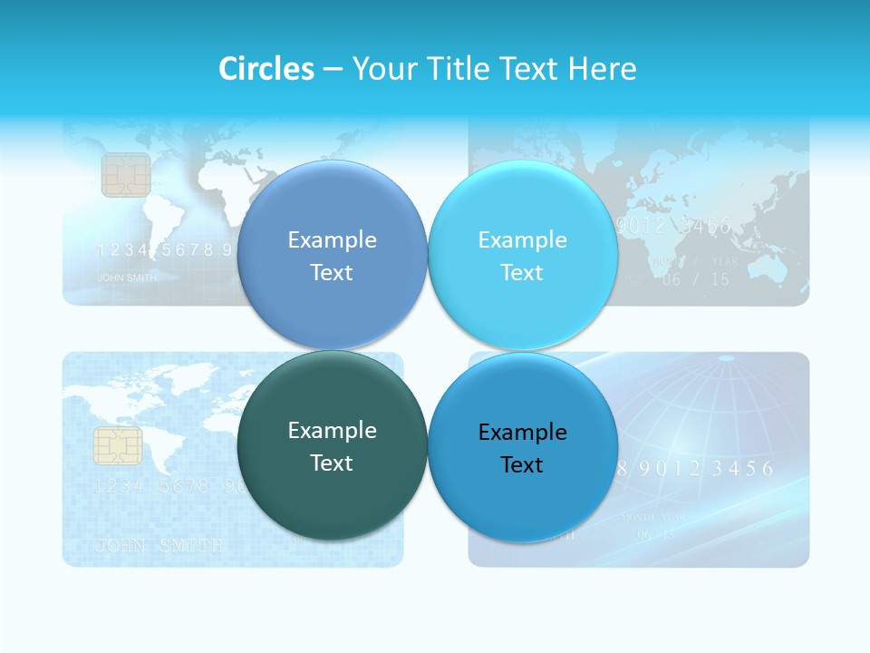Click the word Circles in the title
point(266,69)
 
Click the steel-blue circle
point(332,256)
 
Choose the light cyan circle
point(523,256)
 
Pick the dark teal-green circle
point(332,446)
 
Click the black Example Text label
point(522,448)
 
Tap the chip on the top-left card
point(126,175)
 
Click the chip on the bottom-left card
point(118,445)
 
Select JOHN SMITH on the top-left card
point(127,278)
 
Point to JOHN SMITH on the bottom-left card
point(158,546)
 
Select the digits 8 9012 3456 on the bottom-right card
point(694,469)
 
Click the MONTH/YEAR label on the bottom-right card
point(653,518)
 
